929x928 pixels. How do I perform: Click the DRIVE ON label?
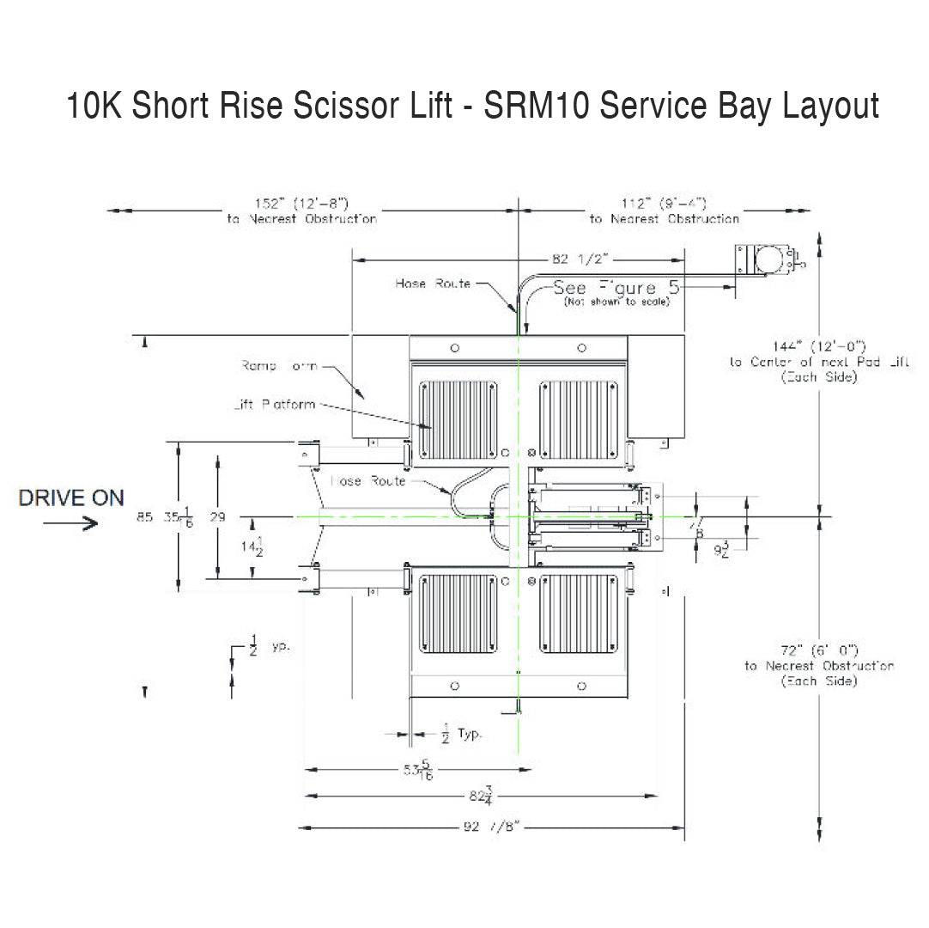[71, 498]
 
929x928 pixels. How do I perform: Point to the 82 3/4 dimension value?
[481, 795]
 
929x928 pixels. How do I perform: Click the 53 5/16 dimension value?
[418, 771]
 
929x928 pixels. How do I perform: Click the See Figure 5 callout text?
[616, 288]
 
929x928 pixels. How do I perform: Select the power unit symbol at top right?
[766, 260]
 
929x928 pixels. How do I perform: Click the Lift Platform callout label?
[274, 405]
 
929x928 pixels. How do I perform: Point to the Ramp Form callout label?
[279, 366]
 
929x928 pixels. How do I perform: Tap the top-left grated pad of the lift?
[458, 420]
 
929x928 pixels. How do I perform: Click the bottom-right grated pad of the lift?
[578, 613]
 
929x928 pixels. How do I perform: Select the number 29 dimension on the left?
[217, 517]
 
